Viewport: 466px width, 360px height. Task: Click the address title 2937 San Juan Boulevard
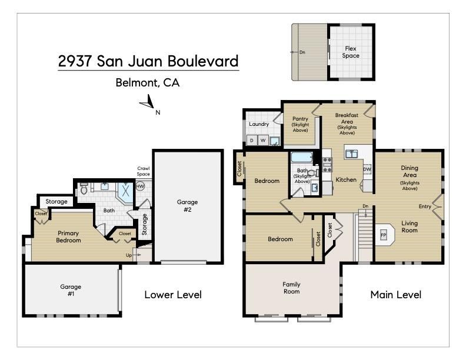148,61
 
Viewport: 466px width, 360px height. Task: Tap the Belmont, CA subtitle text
147,83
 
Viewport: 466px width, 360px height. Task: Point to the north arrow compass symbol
147,105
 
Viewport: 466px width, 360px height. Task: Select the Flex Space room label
351,52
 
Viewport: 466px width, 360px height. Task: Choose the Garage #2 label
187,205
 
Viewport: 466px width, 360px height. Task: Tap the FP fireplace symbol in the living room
383,235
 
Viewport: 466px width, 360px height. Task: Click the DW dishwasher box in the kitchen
367,169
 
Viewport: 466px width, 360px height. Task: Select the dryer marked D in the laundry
252,141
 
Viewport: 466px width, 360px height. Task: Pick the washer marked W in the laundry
263,141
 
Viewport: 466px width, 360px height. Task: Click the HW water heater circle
140,186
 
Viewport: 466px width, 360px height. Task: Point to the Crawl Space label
144,171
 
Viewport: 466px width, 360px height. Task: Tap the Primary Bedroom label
68,236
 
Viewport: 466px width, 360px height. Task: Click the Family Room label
291,288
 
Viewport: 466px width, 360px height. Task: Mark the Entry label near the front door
425,206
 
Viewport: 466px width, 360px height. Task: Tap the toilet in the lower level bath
84,189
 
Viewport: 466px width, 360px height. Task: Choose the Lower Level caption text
173,294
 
